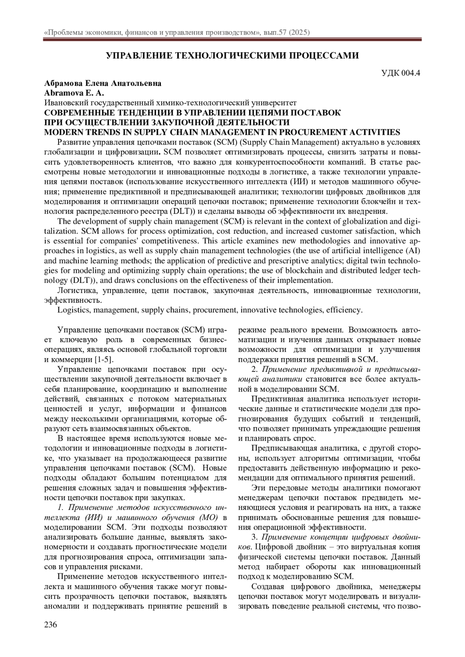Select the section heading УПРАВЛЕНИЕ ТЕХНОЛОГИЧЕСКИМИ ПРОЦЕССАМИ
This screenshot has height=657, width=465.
click(x=232, y=56)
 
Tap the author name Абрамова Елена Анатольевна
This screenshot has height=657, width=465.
click(x=103, y=83)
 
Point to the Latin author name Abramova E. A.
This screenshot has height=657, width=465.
click(x=74, y=93)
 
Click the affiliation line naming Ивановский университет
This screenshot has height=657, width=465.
click(x=171, y=103)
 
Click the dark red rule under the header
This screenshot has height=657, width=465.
click(x=232, y=39)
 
